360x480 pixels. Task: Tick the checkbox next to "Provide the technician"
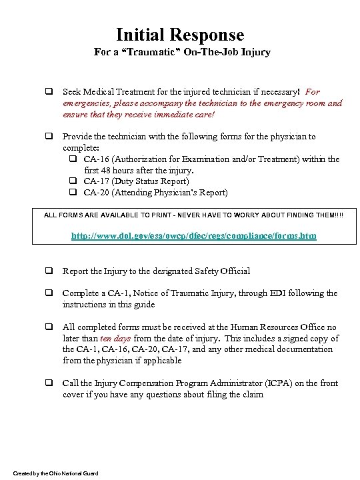coord(49,137)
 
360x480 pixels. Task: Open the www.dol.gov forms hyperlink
coord(193,237)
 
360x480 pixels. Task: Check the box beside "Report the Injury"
coord(49,271)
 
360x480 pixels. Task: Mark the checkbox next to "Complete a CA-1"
coord(49,293)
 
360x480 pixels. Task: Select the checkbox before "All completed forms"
coord(49,327)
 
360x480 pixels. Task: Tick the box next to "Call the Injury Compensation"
coord(49,383)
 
